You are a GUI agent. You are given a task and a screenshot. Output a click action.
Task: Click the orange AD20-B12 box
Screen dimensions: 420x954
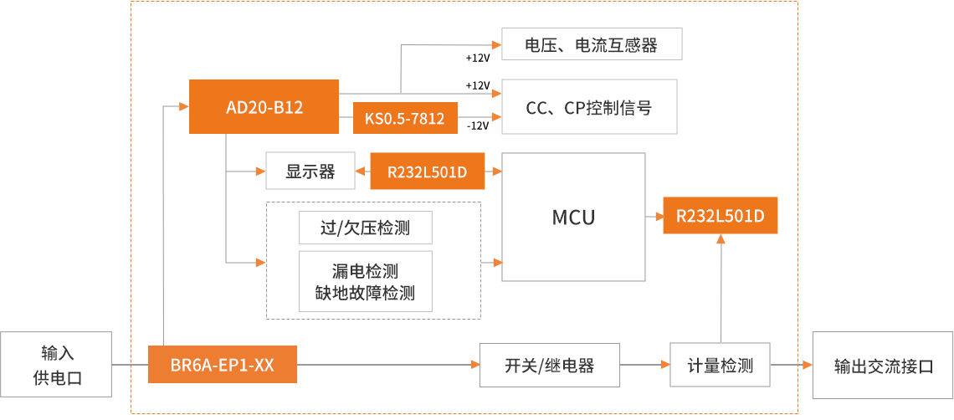264,106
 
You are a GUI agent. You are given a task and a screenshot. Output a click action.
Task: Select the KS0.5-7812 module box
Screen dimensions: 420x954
404,118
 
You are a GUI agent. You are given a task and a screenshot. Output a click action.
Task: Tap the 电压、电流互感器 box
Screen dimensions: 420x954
591,44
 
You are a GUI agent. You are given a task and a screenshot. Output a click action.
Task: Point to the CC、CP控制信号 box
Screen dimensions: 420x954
588,106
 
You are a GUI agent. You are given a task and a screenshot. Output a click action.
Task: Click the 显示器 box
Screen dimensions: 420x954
310,172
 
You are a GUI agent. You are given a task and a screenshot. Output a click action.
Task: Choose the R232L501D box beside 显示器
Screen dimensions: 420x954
427,172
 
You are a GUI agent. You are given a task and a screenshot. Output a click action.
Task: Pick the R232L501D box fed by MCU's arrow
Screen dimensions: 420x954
720,216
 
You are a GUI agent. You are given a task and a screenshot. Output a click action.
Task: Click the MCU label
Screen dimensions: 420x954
573,218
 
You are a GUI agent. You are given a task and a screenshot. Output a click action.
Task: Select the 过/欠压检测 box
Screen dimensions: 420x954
365,228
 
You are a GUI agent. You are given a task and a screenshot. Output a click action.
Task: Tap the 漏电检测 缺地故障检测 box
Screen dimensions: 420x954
365,282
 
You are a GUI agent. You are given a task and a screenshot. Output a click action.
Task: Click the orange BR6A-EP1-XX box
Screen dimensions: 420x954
222,365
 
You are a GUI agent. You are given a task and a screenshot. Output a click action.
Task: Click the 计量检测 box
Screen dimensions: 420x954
720,365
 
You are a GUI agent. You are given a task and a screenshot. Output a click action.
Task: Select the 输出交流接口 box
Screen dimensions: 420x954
882,365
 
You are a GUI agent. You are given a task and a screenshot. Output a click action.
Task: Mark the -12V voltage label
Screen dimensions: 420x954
477,125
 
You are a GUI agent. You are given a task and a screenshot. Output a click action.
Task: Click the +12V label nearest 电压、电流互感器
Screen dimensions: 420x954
477,58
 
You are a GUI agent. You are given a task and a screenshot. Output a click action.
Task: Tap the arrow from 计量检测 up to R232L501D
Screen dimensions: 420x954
721,289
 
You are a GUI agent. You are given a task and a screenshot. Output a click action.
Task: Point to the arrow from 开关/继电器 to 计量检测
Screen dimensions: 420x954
645,365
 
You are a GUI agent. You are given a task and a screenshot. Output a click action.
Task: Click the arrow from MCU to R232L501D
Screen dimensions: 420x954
654,216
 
